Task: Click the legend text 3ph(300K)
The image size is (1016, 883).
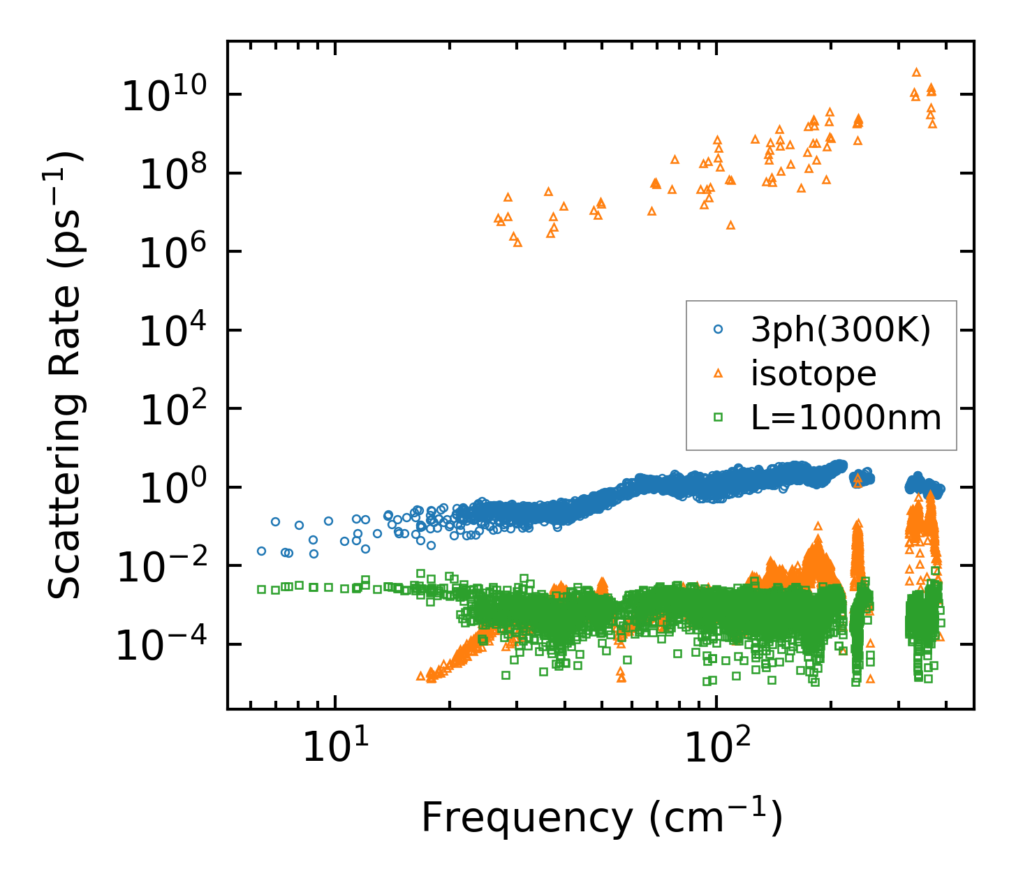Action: pos(841,331)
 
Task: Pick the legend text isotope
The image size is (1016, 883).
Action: pos(813,374)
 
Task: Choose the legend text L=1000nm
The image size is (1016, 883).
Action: pos(846,418)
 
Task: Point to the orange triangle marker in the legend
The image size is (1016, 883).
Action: pos(717,374)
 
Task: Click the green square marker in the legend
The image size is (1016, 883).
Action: pos(717,417)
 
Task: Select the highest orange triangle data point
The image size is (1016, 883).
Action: pos(917,72)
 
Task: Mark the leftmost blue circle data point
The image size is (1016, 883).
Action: pos(261,551)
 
